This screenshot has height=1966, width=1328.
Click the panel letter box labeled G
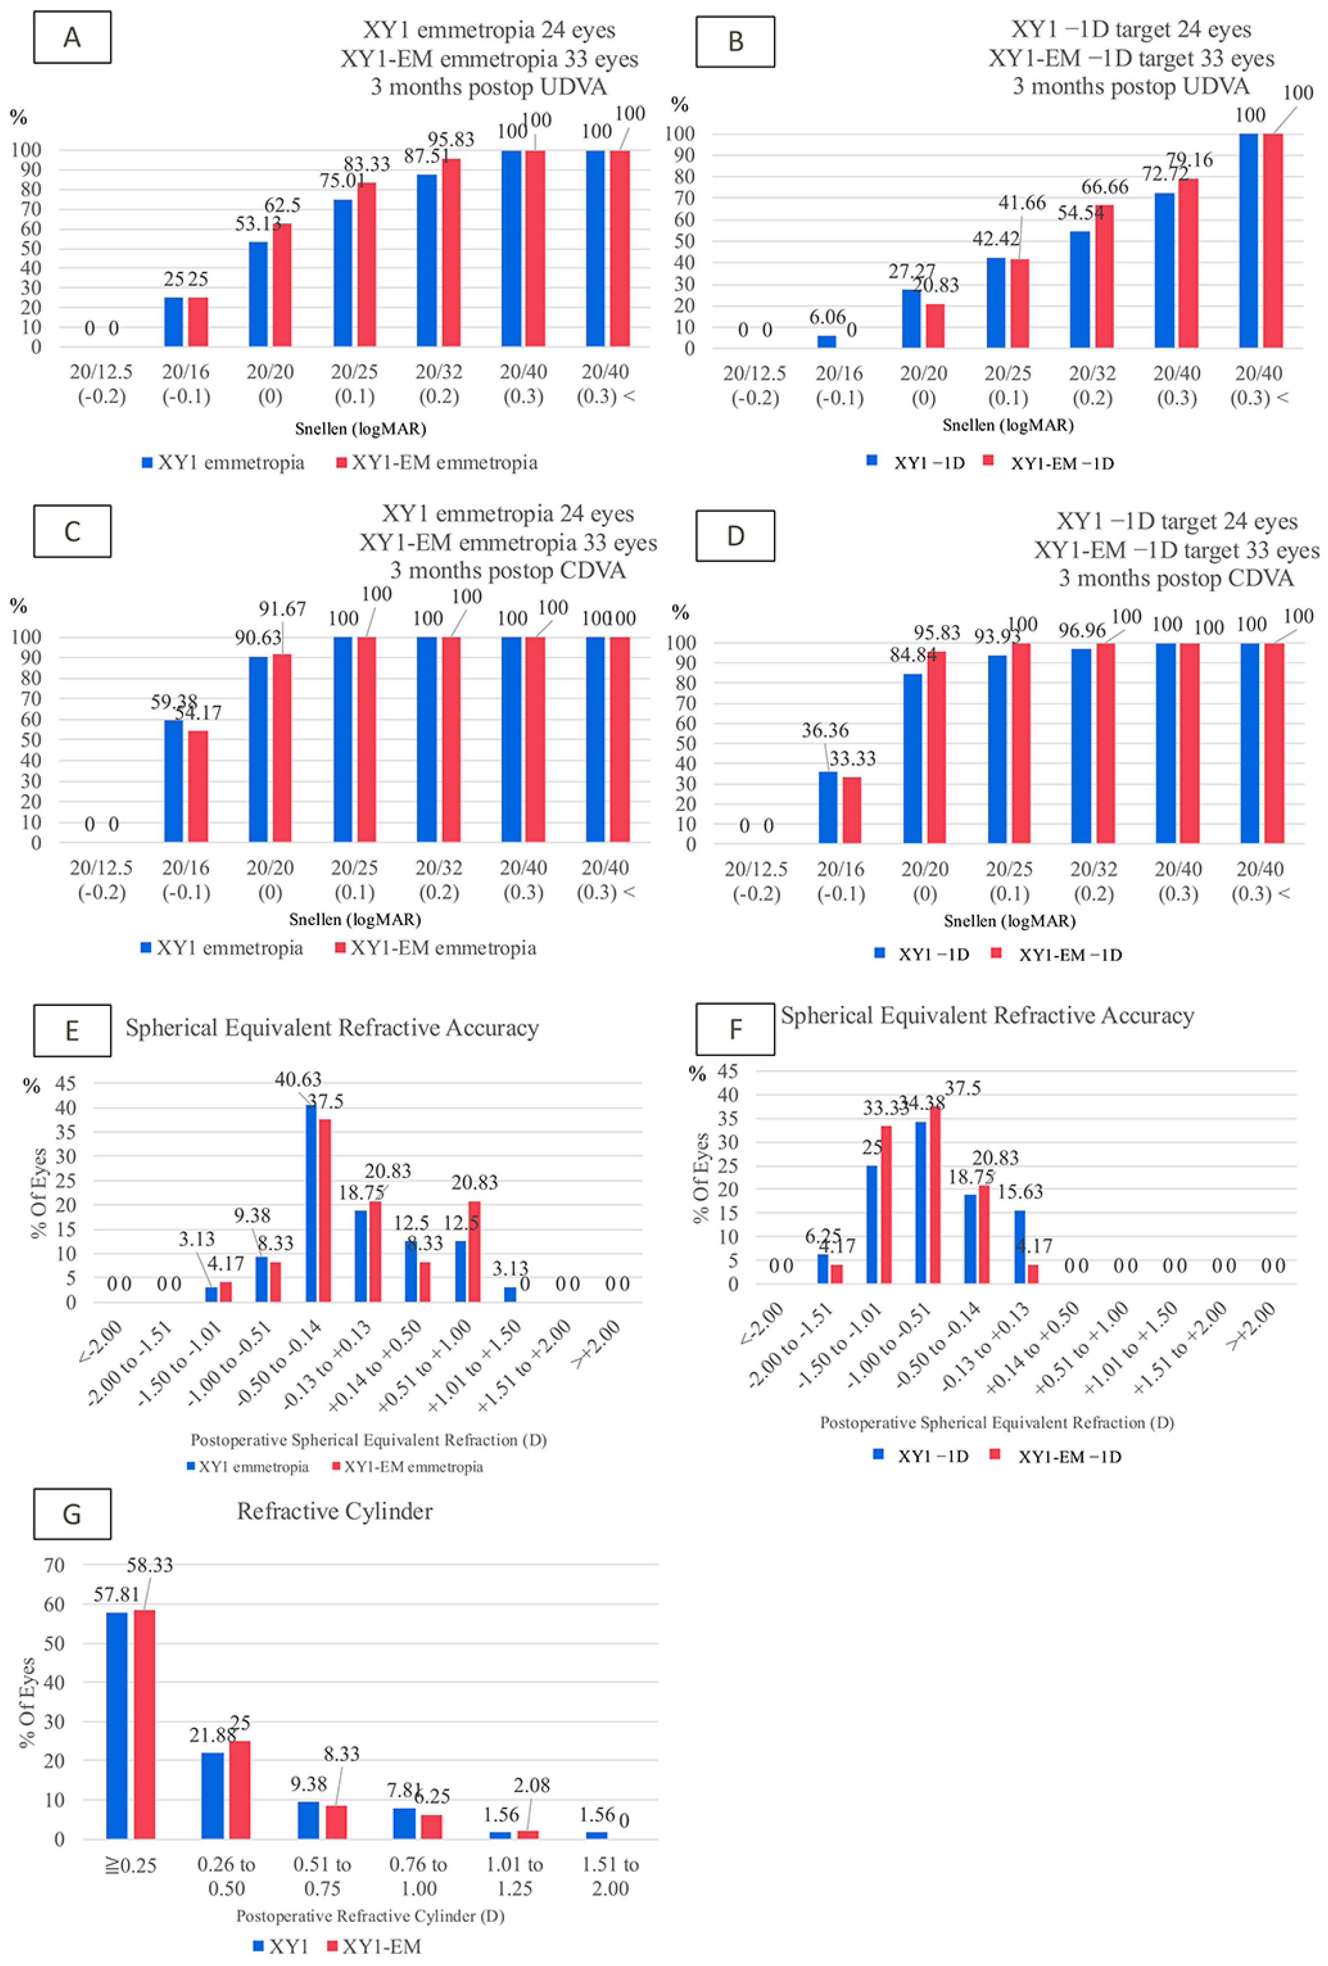[x=72, y=1513]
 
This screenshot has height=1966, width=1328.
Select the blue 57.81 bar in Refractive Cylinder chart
[x=117, y=1725]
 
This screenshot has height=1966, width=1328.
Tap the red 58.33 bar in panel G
[x=145, y=1723]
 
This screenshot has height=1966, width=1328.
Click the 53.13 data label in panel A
[x=257, y=224]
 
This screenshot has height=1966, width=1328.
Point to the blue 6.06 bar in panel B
[x=826, y=341]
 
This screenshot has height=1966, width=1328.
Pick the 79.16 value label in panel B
[x=1189, y=160]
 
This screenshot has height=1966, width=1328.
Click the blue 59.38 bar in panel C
[x=173, y=780]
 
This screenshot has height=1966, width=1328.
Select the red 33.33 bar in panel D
[x=851, y=810]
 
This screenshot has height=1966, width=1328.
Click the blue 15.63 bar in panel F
[x=1019, y=1247]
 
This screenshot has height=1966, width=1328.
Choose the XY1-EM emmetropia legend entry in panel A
[x=437, y=463]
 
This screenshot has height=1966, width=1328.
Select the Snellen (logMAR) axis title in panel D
[x=1009, y=920]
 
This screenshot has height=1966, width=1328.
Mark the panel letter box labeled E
[x=72, y=1031]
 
